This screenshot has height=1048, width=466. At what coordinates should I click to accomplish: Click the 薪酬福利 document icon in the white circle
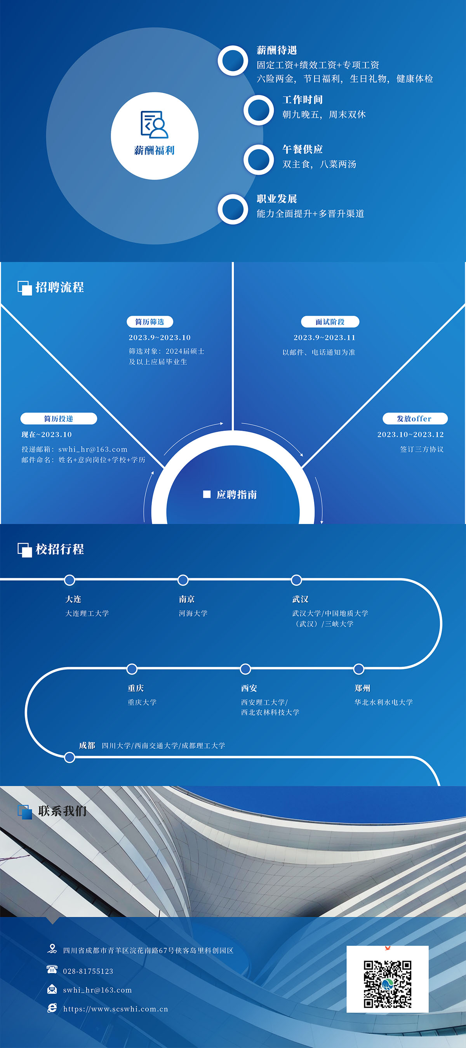(155, 125)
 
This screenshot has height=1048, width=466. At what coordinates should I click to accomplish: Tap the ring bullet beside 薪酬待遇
(233, 61)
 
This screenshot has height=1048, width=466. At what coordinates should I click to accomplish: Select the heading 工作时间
(303, 100)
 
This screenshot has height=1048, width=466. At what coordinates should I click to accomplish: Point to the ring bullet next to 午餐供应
(259, 160)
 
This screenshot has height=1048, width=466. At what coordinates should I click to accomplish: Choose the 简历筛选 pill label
(150, 322)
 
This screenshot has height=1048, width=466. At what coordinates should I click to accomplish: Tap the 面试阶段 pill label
(330, 322)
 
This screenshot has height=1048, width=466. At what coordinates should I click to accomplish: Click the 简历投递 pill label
(59, 419)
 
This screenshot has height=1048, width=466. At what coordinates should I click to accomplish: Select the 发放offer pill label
(415, 419)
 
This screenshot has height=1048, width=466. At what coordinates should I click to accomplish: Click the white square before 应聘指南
(207, 494)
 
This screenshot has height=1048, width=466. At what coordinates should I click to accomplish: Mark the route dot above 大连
(70, 580)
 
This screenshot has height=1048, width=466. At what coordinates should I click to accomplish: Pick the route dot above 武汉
(296, 580)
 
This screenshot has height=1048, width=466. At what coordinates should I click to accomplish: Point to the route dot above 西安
(245, 669)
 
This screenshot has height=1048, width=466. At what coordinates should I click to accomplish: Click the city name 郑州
(362, 688)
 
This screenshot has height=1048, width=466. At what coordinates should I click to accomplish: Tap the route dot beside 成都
(70, 758)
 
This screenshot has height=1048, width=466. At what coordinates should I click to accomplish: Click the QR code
(388, 984)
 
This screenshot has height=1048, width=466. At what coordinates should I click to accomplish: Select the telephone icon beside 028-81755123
(52, 970)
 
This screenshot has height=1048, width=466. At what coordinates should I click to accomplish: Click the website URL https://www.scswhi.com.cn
(116, 1009)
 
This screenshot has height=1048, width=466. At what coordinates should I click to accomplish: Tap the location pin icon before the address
(52, 949)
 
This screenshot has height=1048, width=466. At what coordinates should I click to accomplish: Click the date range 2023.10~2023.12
(410, 434)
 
